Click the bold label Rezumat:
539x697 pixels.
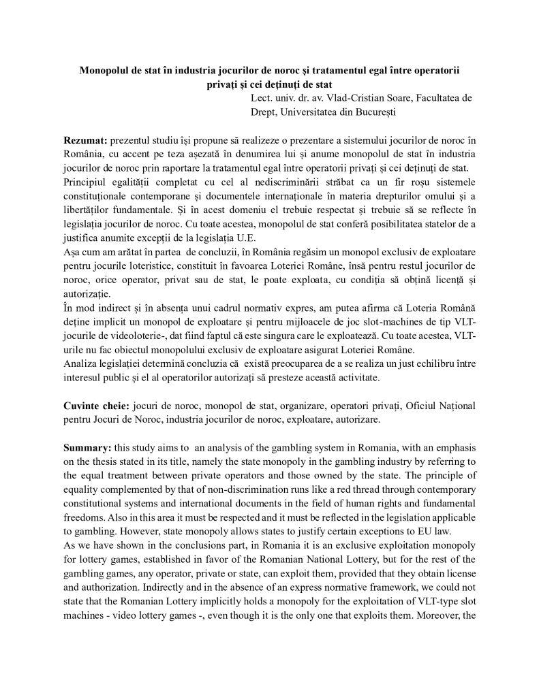coord(85,140)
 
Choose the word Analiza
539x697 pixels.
coord(82,363)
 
